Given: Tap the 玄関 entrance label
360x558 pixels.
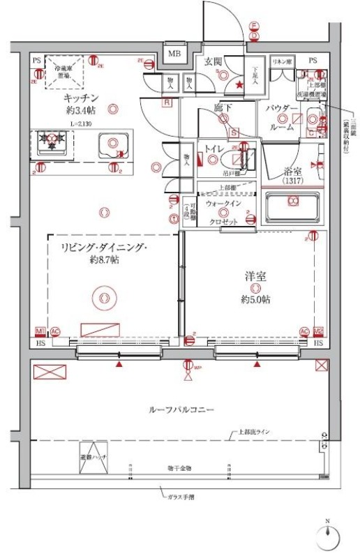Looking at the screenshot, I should coord(213,61).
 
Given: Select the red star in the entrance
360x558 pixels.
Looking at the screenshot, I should coord(240,85).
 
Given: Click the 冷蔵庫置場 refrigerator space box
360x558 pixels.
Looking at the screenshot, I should coord(64,72).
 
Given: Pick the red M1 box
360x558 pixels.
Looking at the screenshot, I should coord(40,331).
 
